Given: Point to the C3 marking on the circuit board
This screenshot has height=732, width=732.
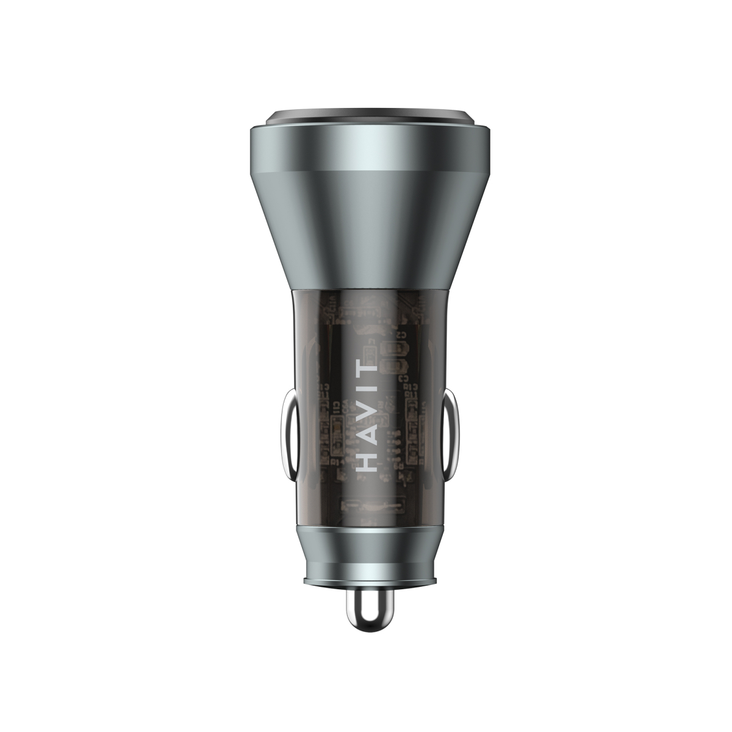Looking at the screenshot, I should tap(403, 379).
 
